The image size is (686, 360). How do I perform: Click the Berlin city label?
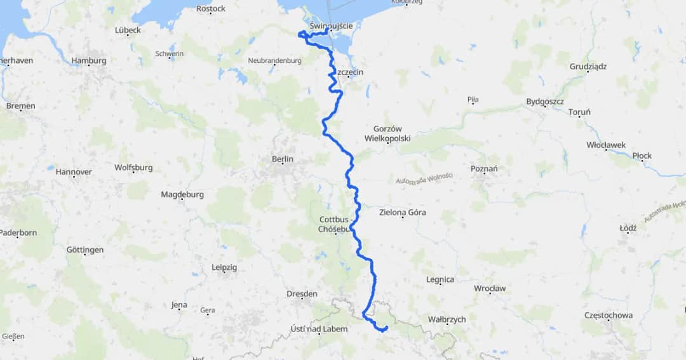tap(283, 159)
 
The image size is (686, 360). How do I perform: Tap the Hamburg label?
tap(89, 61)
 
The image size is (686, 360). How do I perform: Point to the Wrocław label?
tap(490, 288)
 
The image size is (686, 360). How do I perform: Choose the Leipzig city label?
tap(224, 267)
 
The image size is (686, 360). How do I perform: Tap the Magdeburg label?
tap(182, 194)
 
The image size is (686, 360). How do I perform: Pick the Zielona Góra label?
tap(402, 213)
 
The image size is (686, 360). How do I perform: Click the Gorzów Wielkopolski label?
tap(387, 133)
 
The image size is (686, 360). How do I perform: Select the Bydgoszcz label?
tap(545, 102)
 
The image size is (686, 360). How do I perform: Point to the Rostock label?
tap(211, 8)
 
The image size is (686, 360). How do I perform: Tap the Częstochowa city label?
tap(609, 315)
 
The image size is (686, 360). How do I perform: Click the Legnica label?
tap(440, 279)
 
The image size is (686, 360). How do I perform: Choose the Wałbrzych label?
tap(448, 319)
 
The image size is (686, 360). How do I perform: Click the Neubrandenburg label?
tap(274, 61)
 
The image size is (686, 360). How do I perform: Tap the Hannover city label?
tap(74, 171)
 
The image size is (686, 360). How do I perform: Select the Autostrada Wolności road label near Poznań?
tap(424, 180)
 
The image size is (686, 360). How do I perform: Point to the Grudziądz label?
tap(588, 66)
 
